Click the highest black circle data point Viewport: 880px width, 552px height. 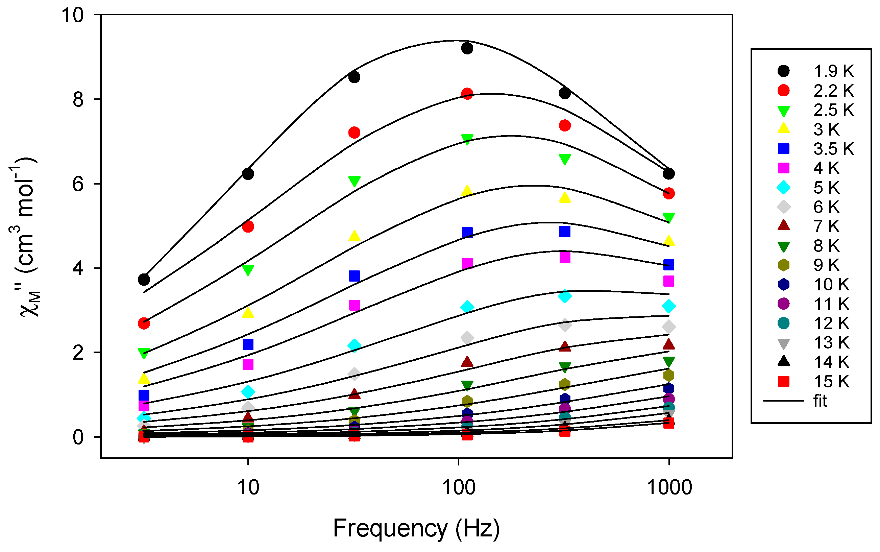click(467, 48)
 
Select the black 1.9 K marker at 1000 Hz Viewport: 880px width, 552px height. click(668, 174)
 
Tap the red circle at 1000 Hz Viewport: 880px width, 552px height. click(668, 193)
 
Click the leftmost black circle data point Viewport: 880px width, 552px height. click(144, 280)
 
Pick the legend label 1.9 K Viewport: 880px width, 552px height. click(833, 71)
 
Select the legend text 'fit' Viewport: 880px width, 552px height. click(820, 401)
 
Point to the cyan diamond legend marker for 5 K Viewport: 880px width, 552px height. click(783, 188)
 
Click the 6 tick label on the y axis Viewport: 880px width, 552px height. click(78, 184)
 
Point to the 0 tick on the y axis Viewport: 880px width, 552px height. click(78, 437)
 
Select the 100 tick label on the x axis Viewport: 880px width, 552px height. click(459, 488)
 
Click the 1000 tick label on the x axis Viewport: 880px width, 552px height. click(669, 488)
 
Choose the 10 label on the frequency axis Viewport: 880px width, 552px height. click(248, 488)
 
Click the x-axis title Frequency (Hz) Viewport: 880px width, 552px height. click(416, 528)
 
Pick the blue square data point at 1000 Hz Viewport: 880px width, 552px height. click(668, 265)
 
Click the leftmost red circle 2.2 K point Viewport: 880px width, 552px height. click(144, 323)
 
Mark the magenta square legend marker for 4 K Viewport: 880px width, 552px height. click(783, 168)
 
